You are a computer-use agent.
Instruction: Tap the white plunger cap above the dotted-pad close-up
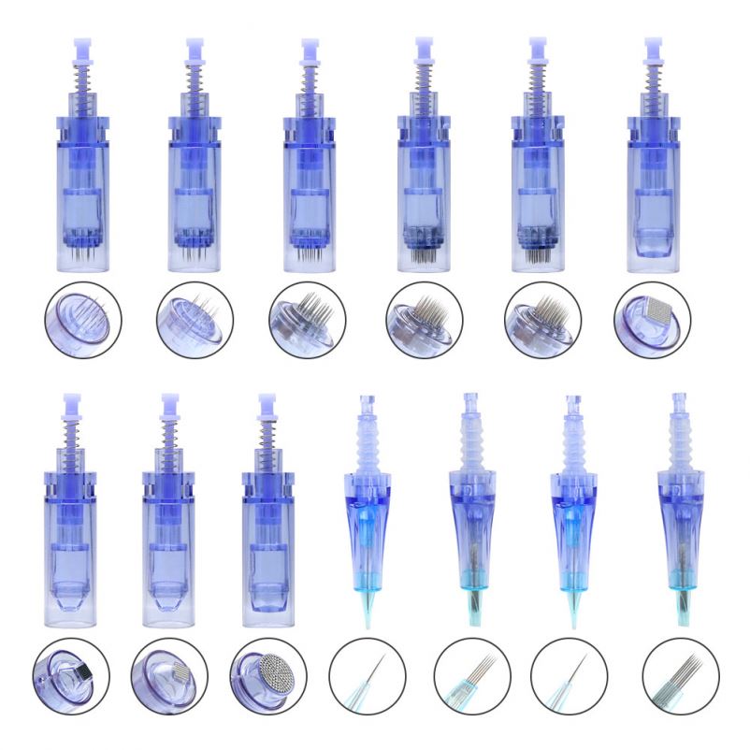pos(267,402)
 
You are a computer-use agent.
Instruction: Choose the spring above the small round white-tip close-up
pos(169,440)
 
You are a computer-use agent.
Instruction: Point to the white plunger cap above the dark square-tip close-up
pos(70,402)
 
